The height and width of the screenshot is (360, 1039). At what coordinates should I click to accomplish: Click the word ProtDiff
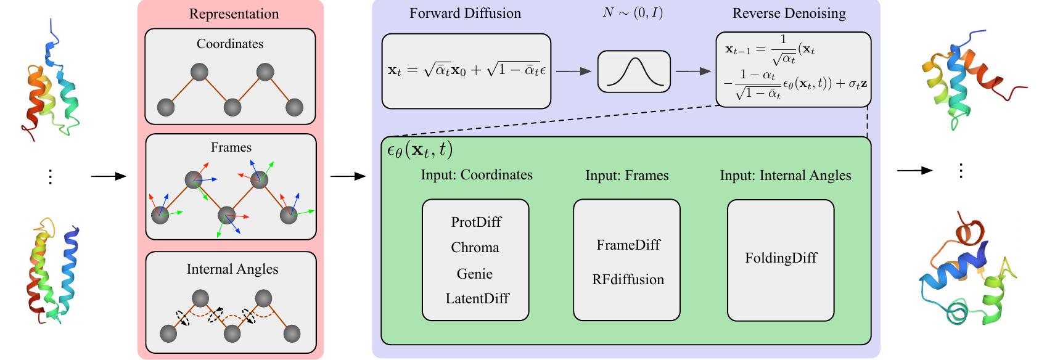pyautogui.click(x=475, y=222)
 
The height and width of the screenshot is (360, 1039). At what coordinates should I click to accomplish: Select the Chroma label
pyautogui.click(x=475, y=248)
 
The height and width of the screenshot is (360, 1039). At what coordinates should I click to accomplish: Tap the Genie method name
pyautogui.click(x=475, y=274)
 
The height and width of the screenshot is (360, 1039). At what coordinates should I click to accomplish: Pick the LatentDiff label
pyautogui.click(x=477, y=299)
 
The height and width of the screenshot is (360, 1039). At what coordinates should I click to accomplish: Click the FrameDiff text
pyautogui.click(x=628, y=245)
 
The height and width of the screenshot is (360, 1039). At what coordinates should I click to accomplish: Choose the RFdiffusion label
pyautogui.click(x=628, y=279)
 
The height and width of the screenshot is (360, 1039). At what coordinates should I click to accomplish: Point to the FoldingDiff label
pyautogui.click(x=781, y=258)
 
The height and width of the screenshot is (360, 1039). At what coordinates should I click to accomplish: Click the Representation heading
pyautogui.click(x=234, y=14)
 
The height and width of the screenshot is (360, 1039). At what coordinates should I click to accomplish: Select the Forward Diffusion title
pyautogui.click(x=465, y=13)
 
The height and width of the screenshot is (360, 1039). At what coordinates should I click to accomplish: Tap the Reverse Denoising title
pyautogui.click(x=789, y=13)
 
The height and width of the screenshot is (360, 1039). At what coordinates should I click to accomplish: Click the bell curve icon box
pyautogui.click(x=633, y=72)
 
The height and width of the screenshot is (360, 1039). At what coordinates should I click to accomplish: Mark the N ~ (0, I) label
pyautogui.click(x=633, y=12)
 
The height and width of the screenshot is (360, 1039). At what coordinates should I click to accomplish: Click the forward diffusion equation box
pyautogui.click(x=466, y=71)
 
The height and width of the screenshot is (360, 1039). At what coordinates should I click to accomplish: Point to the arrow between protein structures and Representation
pyautogui.click(x=108, y=177)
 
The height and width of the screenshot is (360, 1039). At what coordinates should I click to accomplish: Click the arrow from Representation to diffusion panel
pyautogui.click(x=348, y=177)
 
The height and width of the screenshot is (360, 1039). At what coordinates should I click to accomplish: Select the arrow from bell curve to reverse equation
pyautogui.click(x=693, y=72)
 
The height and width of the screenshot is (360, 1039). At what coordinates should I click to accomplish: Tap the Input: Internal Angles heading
pyautogui.click(x=785, y=176)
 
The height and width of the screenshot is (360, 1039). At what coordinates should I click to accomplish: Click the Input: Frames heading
pyautogui.click(x=626, y=176)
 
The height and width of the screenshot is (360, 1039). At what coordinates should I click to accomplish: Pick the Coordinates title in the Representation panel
pyautogui.click(x=230, y=44)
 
